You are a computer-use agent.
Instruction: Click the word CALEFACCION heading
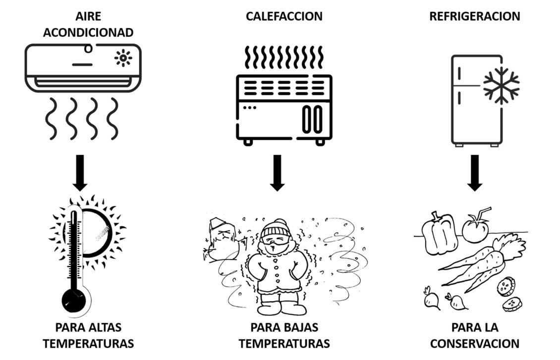click(x=284, y=16)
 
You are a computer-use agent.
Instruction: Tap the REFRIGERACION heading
click(x=474, y=16)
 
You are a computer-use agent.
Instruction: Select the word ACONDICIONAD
click(x=88, y=33)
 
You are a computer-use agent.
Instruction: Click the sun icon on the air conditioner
click(x=123, y=58)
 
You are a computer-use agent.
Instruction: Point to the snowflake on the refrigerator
click(x=501, y=85)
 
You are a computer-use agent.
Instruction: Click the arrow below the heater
click(x=278, y=173)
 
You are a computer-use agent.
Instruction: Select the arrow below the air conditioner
click(x=80, y=173)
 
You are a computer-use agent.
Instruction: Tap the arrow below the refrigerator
click(x=475, y=173)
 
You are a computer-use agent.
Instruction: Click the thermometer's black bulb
click(x=74, y=300)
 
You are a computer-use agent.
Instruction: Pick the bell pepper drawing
click(x=439, y=233)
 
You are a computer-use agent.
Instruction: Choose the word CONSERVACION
click(x=474, y=344)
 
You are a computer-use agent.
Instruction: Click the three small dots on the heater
click(x=249, y=107)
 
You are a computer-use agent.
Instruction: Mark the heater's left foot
click(x=248, y=142)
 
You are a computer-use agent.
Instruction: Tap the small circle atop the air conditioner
click(x=88, y=49)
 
